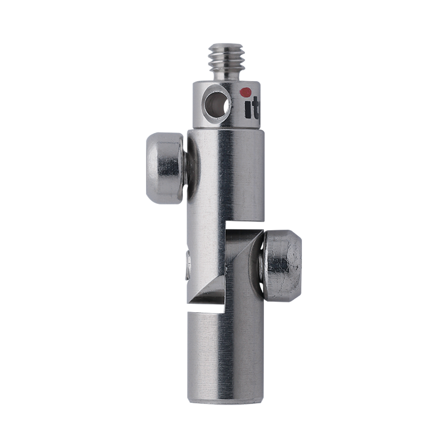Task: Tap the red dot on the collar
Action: [245, 93]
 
